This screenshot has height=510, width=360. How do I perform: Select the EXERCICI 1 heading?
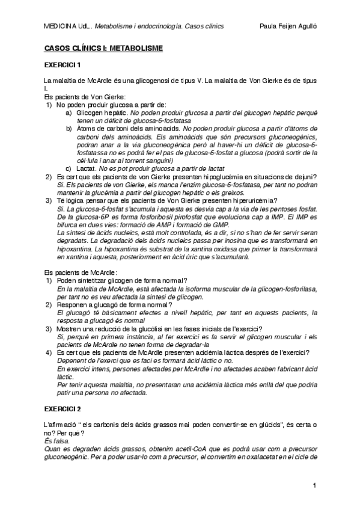pos(63,64)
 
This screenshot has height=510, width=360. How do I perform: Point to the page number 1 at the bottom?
pos(314,484)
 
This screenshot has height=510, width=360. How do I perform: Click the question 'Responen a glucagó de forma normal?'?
pos(113,305)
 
